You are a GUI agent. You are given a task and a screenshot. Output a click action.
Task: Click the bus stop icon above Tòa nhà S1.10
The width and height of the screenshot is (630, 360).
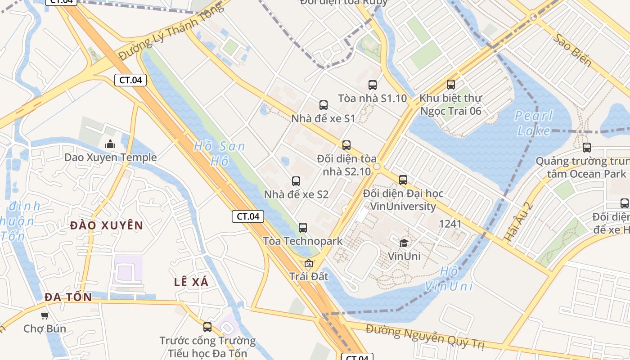pos(373,85)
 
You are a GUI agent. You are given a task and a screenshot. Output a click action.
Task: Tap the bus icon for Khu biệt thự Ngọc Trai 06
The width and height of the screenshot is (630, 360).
pos(451,84)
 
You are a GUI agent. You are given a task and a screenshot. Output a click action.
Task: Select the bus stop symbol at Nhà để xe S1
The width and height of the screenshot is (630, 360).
pos(324,105)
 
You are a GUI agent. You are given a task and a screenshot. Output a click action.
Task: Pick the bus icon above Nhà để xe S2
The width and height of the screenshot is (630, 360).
pos(296,181)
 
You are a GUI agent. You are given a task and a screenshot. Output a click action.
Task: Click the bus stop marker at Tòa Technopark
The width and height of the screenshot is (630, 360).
pos(303,228)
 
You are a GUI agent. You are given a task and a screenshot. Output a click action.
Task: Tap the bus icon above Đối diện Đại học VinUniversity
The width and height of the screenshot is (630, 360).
pos(403,180)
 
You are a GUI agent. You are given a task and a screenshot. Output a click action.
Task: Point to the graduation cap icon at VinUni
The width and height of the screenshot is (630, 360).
pos(404,243)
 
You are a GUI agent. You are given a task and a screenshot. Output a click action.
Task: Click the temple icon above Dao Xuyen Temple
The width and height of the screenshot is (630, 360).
pos(110,144)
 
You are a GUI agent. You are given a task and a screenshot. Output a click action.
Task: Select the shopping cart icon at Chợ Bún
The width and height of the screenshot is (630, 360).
pos(45,315)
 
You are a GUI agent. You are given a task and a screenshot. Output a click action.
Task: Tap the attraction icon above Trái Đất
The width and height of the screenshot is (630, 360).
pos(309,264)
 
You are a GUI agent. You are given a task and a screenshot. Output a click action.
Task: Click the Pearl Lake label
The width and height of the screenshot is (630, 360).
pos(534,123)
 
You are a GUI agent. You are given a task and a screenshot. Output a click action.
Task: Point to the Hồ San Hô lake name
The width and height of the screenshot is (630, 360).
pos(220,153)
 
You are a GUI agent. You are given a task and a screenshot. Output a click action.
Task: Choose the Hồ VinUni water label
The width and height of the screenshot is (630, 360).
pos(449,279)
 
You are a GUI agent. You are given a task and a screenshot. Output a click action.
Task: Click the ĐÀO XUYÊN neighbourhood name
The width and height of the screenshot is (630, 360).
pos(107,225)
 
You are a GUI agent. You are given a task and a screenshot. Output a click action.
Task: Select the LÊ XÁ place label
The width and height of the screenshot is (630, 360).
pos(191,282)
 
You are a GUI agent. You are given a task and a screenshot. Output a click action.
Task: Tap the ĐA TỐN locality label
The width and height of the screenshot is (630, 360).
pos(68,297)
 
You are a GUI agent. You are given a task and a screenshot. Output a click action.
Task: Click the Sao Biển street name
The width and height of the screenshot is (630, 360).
pos(571,49)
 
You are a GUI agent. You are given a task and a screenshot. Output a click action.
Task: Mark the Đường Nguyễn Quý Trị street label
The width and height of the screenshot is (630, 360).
pos(425,337)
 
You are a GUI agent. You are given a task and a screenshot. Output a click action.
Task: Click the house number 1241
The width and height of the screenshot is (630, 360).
pos(450,223)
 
